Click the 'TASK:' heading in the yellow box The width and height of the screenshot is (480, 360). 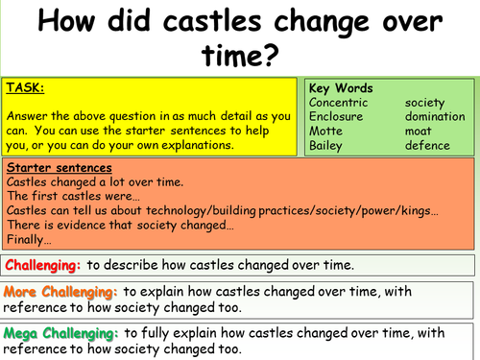(x=27, y=86)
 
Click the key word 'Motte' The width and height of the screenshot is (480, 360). (x=326, y=131)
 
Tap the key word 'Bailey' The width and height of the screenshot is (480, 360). (x=326, y=146)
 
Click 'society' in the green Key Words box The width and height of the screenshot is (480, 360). (x=425, y=101)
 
